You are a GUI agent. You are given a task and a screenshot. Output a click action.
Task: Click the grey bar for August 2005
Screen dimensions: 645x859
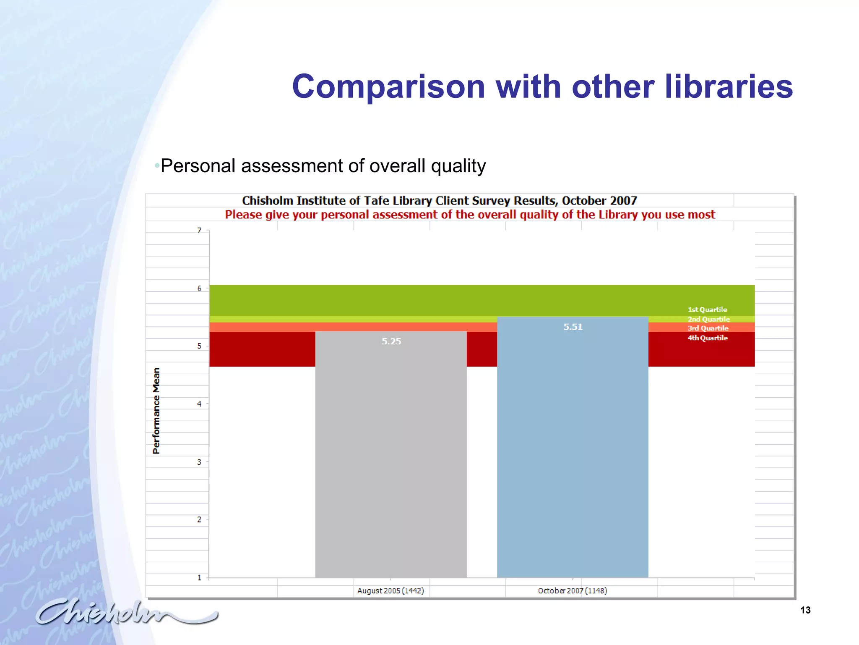point(390,462)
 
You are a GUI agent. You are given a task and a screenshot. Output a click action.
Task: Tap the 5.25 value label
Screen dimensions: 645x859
point(391,341)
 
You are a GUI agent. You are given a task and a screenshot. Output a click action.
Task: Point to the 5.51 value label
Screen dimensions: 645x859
point(573,327)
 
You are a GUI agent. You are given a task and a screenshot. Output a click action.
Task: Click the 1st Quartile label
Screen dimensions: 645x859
point(707,309)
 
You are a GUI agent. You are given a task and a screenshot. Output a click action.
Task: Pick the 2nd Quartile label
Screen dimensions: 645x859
point(708,319)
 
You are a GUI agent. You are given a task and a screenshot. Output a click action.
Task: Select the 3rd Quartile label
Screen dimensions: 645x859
point(708,328)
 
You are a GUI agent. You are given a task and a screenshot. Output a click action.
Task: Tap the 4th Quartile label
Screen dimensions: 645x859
point(708,338)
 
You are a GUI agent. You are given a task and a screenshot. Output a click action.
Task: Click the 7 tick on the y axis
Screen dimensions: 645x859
point(199,231)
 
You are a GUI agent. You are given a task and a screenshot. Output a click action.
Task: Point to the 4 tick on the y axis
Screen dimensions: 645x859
point(199,404)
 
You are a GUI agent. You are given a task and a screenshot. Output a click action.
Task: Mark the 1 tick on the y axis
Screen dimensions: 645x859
point(199,578)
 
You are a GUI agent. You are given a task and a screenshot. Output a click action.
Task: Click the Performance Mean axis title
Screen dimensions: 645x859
point(156,411)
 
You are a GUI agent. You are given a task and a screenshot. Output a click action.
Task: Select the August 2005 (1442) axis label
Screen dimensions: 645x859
point(390,591)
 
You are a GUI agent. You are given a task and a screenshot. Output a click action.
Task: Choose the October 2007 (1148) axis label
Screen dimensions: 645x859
point(573,591)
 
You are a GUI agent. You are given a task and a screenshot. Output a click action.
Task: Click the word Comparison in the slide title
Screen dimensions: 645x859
point(388,87)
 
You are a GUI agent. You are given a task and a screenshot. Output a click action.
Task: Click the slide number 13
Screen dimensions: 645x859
point(805,610)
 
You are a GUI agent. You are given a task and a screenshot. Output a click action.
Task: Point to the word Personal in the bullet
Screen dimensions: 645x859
point(198,166)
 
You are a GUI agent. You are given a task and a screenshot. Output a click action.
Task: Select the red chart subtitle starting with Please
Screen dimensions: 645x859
point(470,215)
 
